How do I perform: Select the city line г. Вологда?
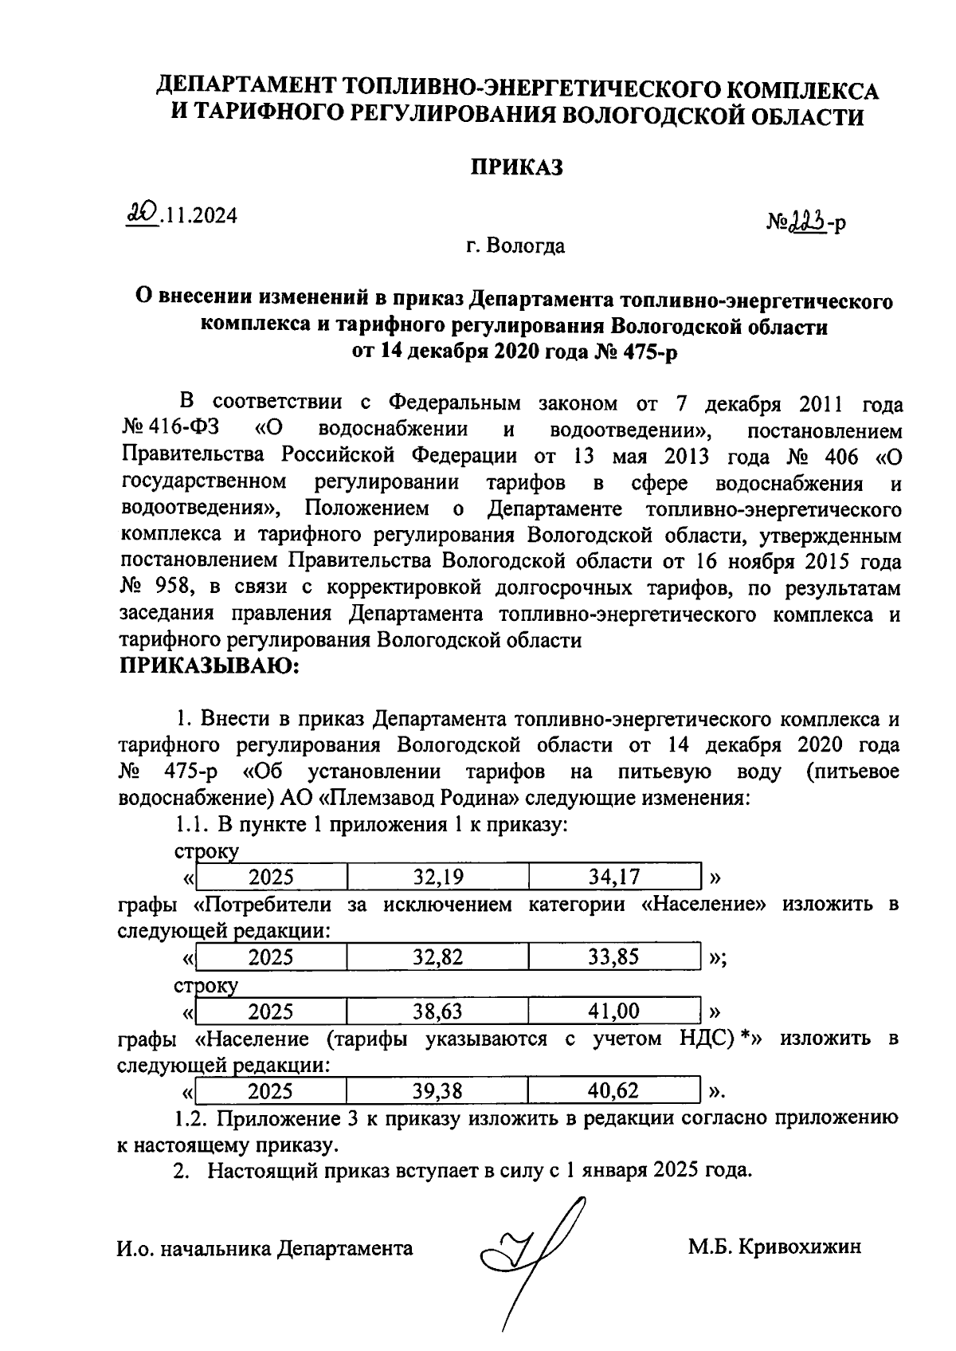[x=515, y=245]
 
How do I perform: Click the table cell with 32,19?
[x=437, y=878]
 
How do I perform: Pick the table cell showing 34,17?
[x=613, y=878]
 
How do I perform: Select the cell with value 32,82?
[x=437, y=957]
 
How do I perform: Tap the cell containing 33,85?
[x=613, y=957]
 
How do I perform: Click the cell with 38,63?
[x=437, y=1011]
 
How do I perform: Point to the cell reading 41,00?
[x=613, y=1011]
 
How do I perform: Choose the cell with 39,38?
[x=437, y=1090]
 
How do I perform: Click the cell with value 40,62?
[x=613, y=1090]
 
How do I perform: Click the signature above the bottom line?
[x=530, y=1251]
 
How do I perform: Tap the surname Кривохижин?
[x=799, y=1247]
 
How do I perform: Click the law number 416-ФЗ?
[x=182, y=430]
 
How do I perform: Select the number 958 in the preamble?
[x=177, y=588]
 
